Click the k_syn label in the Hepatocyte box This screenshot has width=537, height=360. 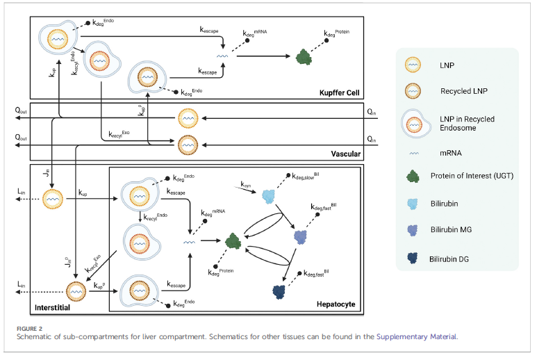coord(247,185)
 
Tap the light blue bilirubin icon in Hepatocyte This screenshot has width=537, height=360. coord(269,197)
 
